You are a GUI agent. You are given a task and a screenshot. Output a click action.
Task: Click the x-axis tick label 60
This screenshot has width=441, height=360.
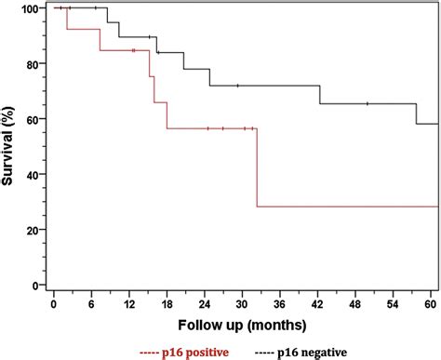(x=430, y=304)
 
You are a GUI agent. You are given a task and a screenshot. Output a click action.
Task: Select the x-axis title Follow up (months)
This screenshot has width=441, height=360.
(x=241, y=325)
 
